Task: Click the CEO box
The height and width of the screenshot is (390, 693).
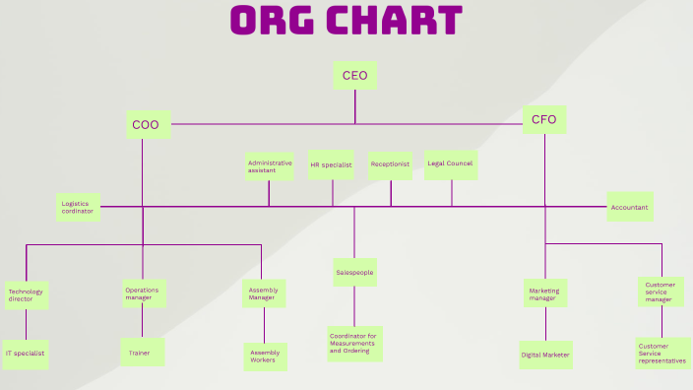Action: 354,76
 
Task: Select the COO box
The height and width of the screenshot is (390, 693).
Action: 145,125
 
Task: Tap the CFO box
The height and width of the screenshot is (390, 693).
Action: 544,120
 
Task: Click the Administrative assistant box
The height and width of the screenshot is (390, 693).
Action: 270,166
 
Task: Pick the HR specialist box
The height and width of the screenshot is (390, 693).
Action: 331,164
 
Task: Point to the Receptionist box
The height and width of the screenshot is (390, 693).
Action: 390,164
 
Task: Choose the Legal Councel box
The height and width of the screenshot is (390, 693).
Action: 451,163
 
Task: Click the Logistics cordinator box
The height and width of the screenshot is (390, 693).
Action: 78,207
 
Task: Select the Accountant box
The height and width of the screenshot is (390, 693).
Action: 629,207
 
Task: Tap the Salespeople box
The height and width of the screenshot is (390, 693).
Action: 354,272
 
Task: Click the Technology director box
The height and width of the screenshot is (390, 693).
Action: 26,294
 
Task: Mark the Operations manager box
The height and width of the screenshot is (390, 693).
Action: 143,292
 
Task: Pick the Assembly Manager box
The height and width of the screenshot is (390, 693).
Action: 264,293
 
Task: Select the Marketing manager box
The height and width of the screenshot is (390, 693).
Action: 544,293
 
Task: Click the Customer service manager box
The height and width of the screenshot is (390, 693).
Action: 661,292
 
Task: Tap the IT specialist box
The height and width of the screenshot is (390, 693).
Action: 25,353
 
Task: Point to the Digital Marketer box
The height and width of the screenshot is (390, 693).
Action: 545,355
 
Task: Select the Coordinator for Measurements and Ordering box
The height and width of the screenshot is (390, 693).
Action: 354,344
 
